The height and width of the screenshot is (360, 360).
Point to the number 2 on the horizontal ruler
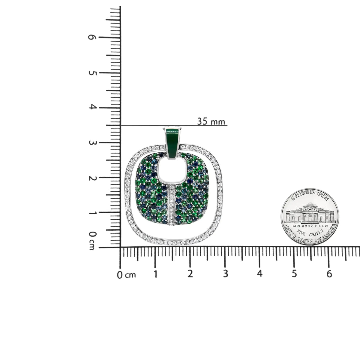point(190,274)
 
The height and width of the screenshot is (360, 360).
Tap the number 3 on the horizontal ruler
point(225,274)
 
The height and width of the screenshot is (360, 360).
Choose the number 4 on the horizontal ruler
point(260,274)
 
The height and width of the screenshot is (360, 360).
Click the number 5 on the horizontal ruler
point(294,274)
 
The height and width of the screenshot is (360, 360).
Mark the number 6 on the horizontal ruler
point(329,274)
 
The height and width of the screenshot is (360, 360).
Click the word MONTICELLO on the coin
point(310,226)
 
